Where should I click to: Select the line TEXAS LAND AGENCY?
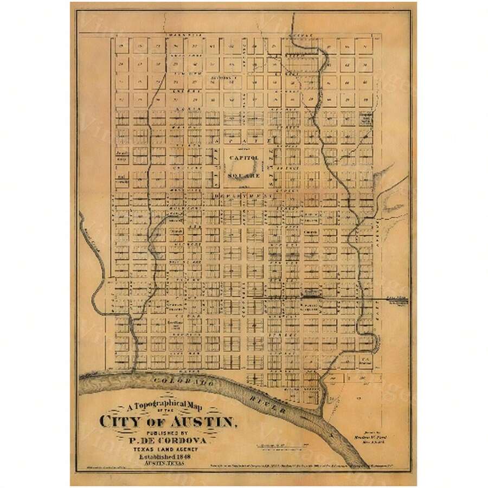(168, 449)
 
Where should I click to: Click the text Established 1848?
(168, 457)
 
